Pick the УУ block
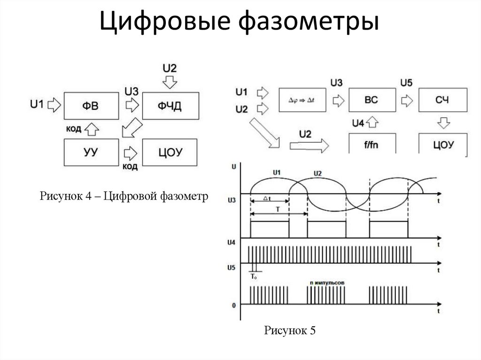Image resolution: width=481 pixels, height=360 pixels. (91, 152)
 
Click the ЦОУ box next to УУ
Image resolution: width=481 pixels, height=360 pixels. (170, 152)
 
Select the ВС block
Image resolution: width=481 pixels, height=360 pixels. (371, 100)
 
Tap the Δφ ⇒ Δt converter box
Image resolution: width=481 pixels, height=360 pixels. (302, 100)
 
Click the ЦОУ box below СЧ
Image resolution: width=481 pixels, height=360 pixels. (443, 144)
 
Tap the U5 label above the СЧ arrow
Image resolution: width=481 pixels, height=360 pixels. (407, 83)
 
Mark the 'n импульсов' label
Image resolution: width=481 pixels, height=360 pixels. (327, 283)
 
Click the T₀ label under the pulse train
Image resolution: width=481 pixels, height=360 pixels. (254, 277)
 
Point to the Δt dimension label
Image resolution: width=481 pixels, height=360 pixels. (266, 199)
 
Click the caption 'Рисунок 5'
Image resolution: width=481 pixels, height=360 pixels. (289, 331)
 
